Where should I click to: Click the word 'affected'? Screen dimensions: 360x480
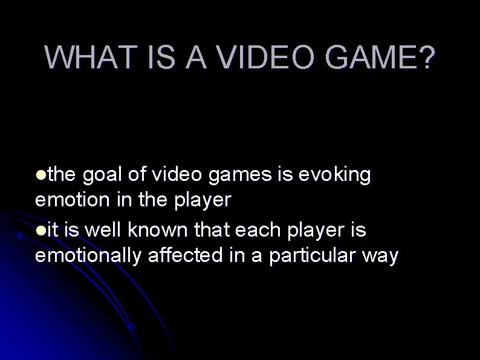tap(185, 256)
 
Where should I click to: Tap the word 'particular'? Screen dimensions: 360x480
tap(313, 256)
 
